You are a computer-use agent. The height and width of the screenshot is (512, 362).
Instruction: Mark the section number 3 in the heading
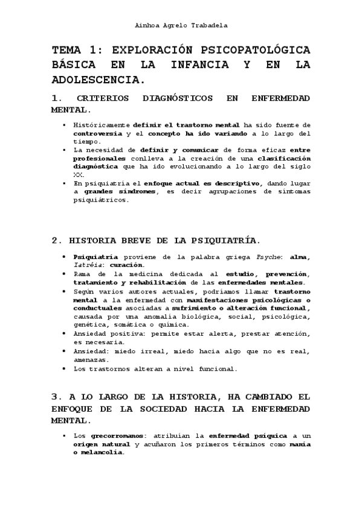[55, 397]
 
